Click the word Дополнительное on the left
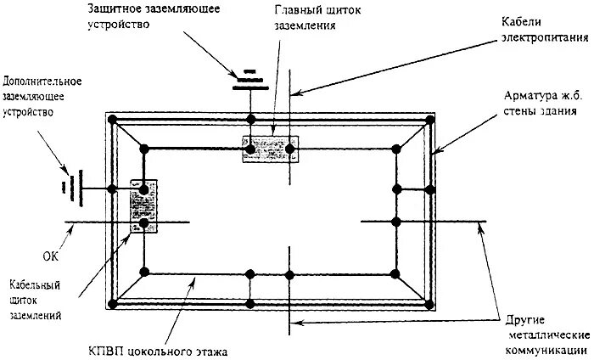(x=42, y=82)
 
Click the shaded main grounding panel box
(x=270, y=149)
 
